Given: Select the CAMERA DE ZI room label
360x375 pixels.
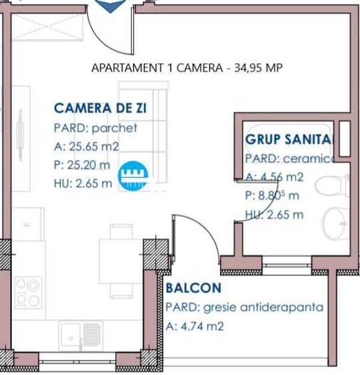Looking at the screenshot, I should [x=101, y=108].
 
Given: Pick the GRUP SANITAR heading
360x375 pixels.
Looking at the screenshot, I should [x=288, y=140].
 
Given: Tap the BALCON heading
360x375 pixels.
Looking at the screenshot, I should [x=193, y=288].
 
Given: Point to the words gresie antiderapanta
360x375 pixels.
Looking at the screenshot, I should [x=263, y=308].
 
